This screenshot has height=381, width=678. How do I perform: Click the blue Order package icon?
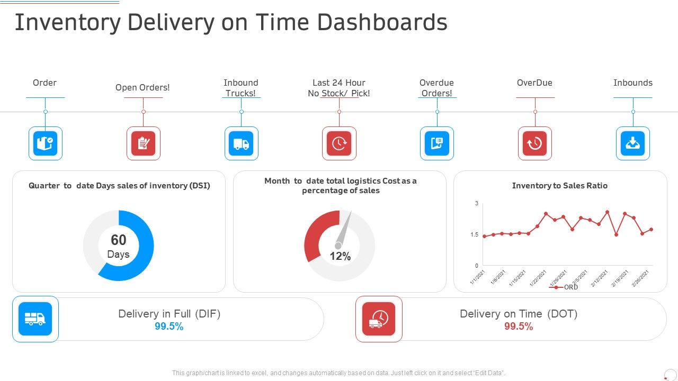[x=45, y=143]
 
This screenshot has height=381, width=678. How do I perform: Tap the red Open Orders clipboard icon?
[x=143, y=143]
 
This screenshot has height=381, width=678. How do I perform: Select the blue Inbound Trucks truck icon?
[x=241, y=143]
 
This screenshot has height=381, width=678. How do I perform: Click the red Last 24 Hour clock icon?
[x=339, y=143]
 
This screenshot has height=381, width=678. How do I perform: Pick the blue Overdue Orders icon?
[x=437, y=143]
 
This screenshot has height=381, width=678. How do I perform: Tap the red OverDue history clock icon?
[x=534, y=143]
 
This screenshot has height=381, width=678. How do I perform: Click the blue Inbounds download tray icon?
[x=633, y=143]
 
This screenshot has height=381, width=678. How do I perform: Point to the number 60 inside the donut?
[x=118, y=240]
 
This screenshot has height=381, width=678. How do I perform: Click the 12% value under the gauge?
[x=340, y=257]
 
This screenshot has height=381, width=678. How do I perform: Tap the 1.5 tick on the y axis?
[x=475, y=234]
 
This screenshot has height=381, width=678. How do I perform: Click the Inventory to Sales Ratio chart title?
[x=559, y=186]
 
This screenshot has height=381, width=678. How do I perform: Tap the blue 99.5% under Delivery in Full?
[x=169, y=326]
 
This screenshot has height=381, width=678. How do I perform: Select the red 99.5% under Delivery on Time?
[x=519, y=326]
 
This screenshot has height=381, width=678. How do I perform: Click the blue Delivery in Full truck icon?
[x=35, y=319]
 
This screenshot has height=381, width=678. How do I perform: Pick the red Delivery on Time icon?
[x=379, y=319]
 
